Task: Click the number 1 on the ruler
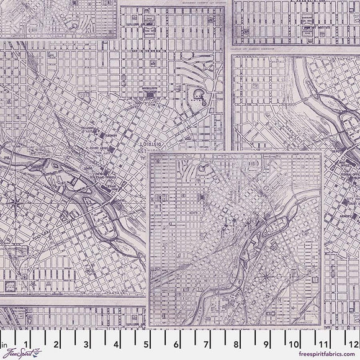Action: point(25,341)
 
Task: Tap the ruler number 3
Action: point(86,341)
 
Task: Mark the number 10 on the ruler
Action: point(295,341)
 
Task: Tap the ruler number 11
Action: point(325,341)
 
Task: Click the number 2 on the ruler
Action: point(56,341)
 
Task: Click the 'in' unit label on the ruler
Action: point(4,341)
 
